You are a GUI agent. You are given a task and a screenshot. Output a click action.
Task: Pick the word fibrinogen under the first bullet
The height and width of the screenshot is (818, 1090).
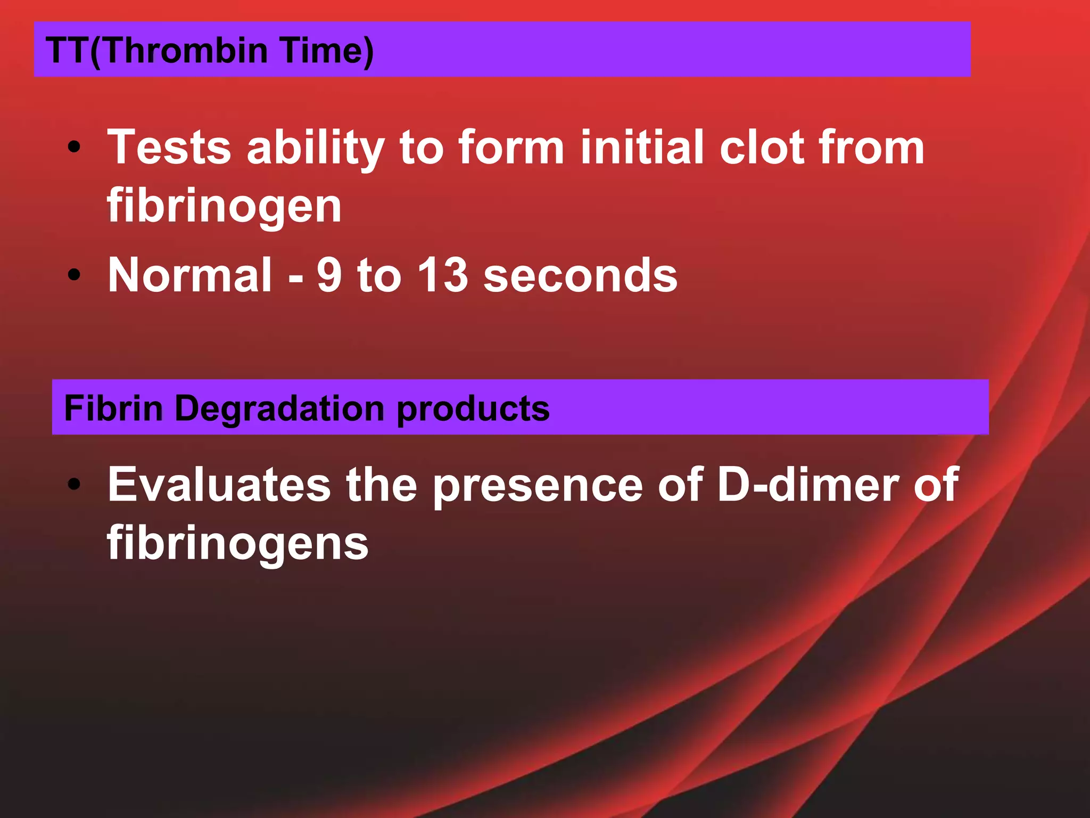224,207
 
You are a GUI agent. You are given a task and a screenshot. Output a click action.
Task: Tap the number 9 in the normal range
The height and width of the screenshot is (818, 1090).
329,275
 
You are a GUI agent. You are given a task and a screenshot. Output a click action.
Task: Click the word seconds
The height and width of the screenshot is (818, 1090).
580,275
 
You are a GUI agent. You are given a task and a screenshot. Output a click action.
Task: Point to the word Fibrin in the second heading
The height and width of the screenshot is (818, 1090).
113,408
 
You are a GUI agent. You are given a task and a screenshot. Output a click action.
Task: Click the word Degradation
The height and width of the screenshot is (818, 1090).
279,410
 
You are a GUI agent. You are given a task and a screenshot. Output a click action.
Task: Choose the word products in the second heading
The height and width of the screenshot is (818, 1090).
473,410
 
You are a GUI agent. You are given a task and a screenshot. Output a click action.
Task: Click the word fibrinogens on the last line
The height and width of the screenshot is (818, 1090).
237,544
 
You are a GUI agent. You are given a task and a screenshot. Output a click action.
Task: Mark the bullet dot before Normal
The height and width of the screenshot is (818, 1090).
74,275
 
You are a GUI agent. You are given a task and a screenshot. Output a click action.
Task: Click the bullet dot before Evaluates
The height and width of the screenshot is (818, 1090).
74,484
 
